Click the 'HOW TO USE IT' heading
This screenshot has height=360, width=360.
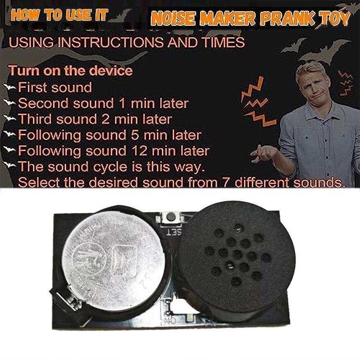coord(59,14)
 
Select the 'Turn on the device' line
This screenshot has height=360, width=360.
coord(71,71)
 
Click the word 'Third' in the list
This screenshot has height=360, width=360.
coord(36,119)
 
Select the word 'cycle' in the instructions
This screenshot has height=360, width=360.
coord(109,167)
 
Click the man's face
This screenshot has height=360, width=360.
coord(312,85)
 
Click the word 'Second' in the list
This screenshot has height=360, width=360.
coord(42,103)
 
